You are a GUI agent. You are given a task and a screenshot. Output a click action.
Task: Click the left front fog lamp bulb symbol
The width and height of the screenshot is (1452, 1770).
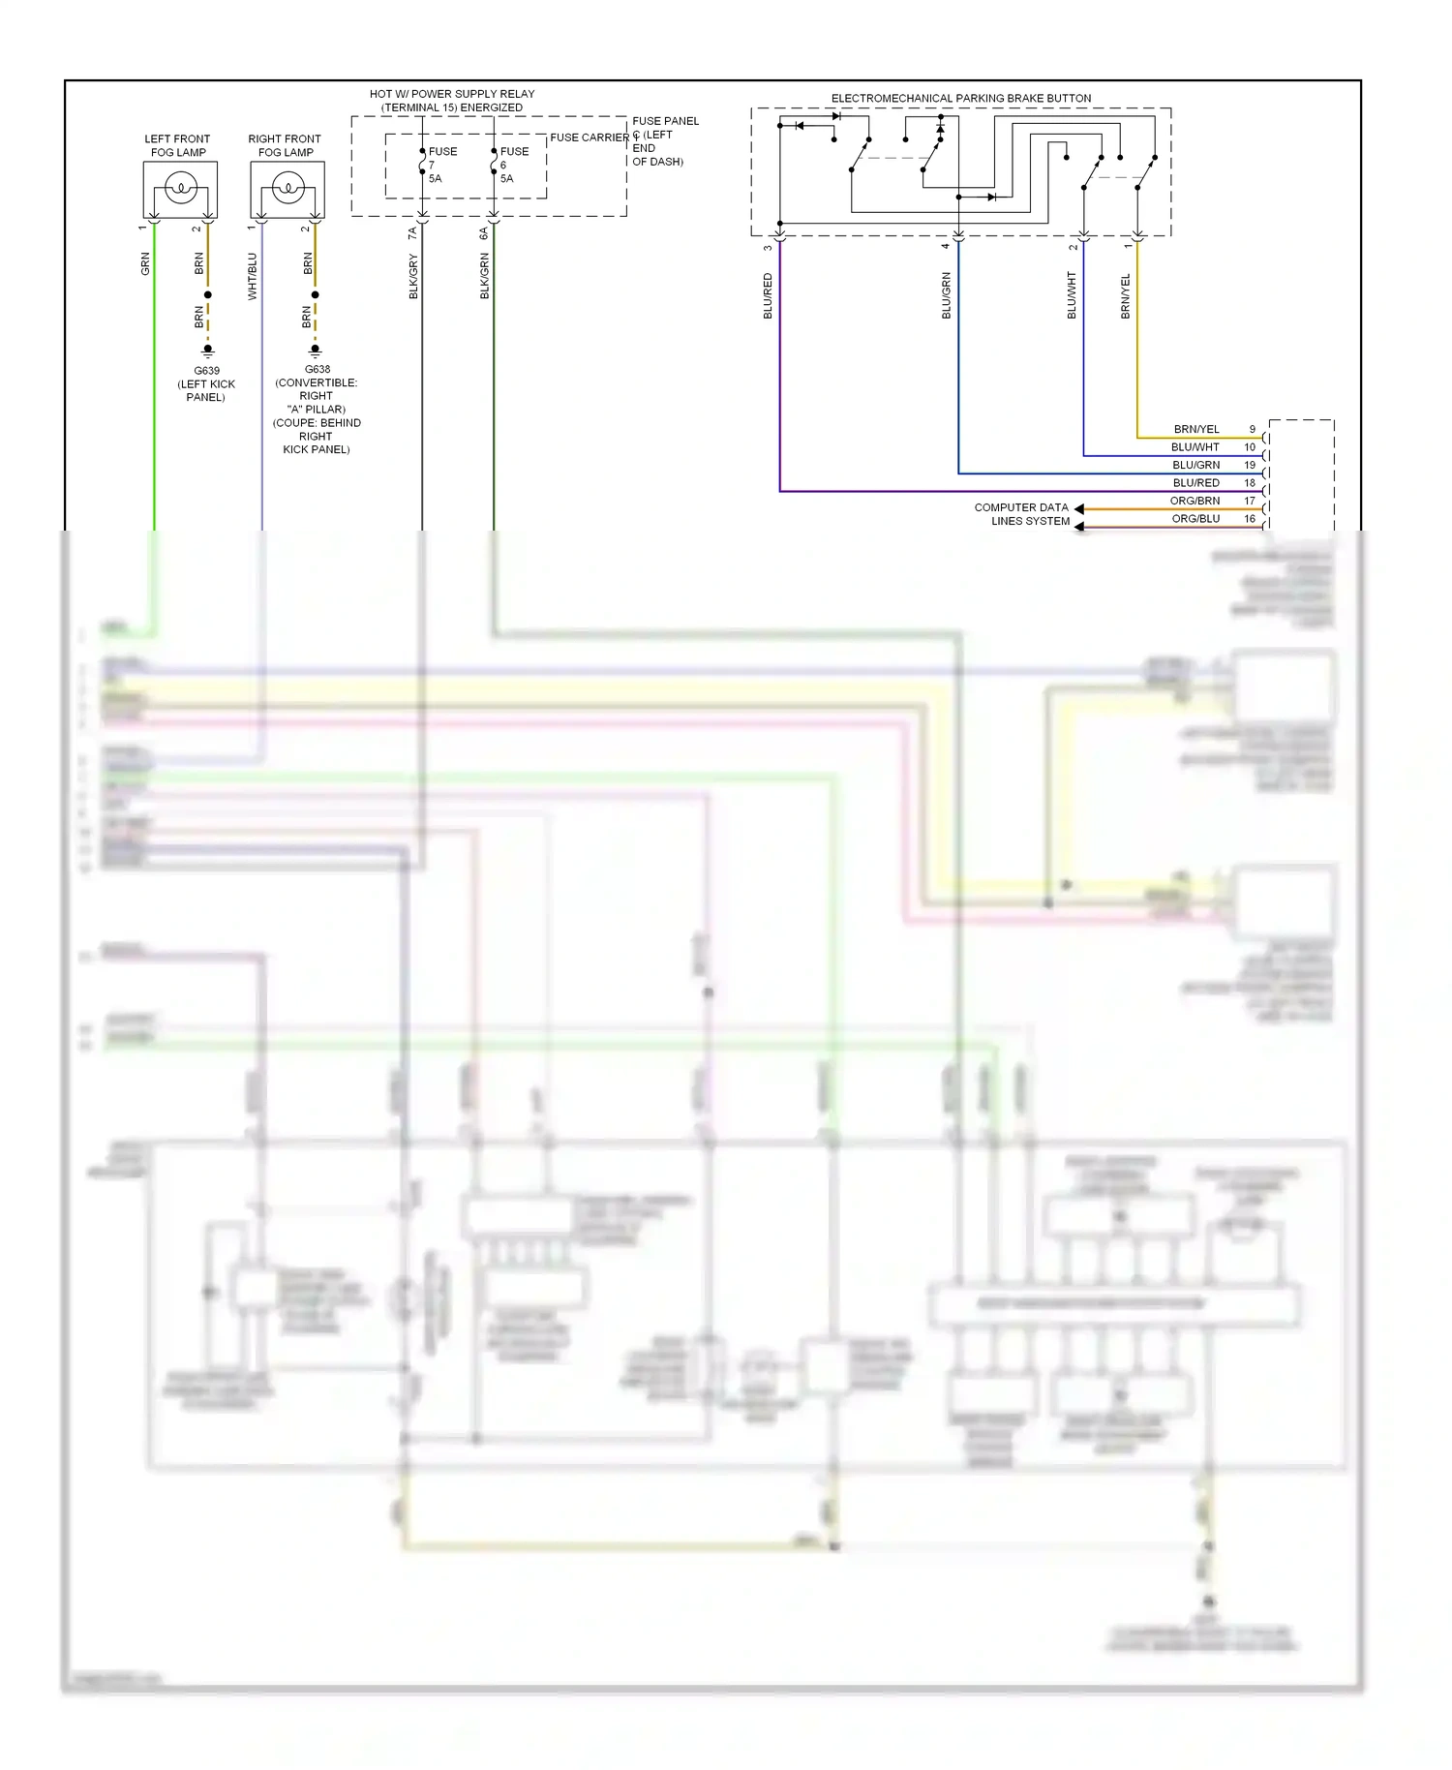click(x=181, y=188)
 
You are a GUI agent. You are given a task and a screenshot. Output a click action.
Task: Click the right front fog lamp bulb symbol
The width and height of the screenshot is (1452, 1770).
click(x=287, y=188)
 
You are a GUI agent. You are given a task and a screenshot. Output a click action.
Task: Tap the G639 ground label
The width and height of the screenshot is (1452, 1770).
click(x=206, y=371)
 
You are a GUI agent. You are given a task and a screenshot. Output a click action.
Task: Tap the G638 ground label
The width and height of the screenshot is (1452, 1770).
click(x=318, y=369)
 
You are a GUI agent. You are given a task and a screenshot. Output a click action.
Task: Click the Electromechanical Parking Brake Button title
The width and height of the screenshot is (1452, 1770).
click(x=960, y=99)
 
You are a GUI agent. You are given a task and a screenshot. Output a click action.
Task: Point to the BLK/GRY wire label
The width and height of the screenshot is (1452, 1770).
click(x=413, y=276)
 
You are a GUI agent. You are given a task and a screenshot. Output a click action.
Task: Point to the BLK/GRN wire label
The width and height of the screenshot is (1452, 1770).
click(x=485, y=276)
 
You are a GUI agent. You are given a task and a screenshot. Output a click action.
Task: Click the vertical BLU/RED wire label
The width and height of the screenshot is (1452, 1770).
click(x=768, y=295)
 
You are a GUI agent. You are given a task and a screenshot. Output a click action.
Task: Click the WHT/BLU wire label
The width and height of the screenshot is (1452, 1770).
click(x=253, y=276)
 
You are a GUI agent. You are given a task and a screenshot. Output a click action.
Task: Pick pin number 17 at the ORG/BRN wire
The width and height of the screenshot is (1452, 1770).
click(x=1250, y=501)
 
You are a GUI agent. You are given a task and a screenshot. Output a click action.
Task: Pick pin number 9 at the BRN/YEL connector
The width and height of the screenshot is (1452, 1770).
click(x=1252, y=429)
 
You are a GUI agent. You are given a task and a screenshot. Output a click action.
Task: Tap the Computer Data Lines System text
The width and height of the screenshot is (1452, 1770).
click(x=1022, y=514)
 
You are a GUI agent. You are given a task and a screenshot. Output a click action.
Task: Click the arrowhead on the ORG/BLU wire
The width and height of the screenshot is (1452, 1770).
click(x=1079, y=527)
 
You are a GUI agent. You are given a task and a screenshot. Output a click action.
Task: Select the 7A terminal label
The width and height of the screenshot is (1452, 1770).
click(x=412, y=233)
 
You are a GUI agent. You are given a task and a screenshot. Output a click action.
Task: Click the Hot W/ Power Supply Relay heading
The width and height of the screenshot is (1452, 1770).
click(x=452, y=101)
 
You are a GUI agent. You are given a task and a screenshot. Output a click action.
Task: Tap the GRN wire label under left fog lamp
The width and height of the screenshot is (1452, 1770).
click(x=146, y=263)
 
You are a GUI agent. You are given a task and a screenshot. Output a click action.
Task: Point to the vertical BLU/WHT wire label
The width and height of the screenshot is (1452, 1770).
click(x=1072, y=295)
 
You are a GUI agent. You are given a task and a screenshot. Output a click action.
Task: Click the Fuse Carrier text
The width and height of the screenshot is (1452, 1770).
click(x=589, y=137)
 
